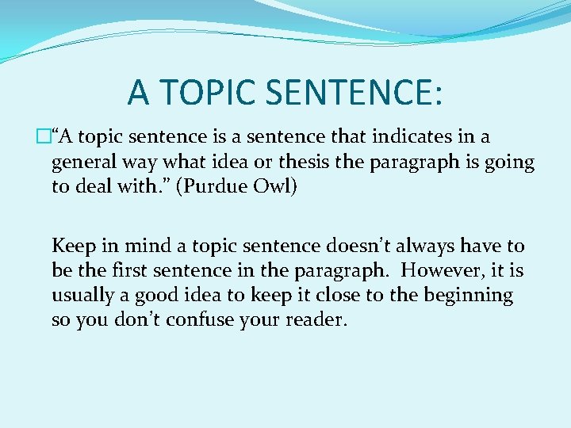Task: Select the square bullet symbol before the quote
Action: (x=44, y=138)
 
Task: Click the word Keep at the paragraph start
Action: (x=72, y=246)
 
